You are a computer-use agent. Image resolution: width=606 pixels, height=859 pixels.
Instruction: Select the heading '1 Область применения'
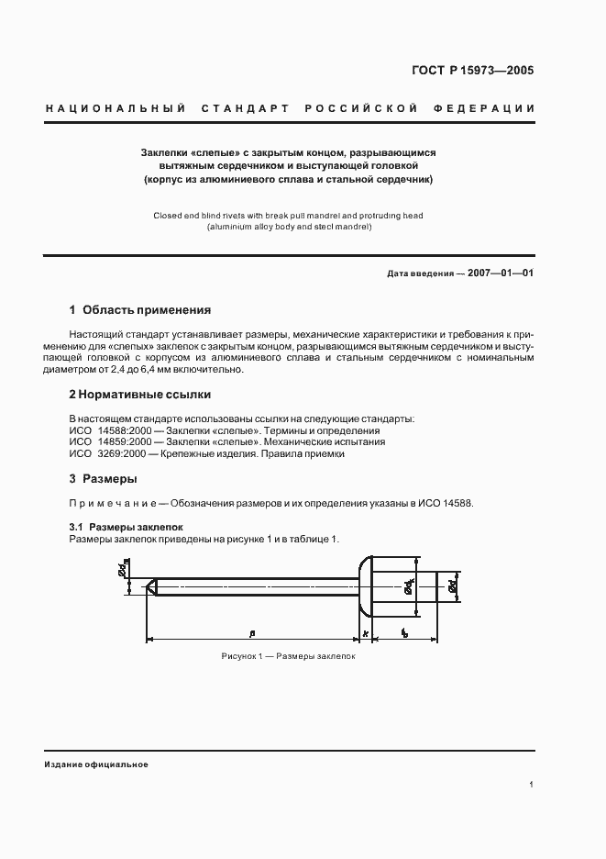140,310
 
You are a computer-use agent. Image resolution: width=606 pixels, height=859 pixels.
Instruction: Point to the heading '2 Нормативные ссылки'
140,395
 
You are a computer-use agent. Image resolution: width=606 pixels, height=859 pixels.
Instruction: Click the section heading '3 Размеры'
104,479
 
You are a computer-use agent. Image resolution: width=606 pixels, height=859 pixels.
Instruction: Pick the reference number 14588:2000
129,430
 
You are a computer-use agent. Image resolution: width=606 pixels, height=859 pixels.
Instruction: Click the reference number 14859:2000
129,441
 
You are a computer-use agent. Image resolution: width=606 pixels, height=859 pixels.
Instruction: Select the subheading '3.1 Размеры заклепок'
127,528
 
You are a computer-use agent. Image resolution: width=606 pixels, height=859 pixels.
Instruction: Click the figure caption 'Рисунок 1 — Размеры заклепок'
288,657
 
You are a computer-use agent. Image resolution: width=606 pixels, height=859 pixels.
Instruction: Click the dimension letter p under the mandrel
250,632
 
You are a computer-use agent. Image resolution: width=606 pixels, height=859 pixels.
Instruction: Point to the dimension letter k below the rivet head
365,633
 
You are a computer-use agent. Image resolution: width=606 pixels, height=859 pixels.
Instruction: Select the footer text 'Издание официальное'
95,764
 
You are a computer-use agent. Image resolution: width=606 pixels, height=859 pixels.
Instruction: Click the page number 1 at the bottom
532,785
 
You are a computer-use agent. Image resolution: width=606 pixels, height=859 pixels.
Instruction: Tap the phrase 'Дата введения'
420,274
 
